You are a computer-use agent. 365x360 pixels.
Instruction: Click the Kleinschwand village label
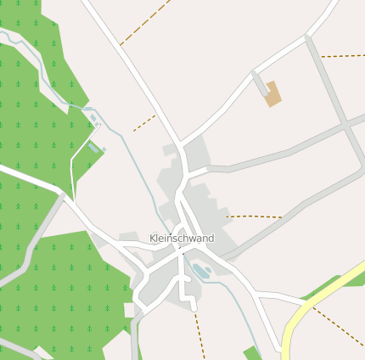pos(182,239)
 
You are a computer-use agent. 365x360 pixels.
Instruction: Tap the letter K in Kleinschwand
pos(153,239)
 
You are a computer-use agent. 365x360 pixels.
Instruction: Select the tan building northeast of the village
pos(272,93)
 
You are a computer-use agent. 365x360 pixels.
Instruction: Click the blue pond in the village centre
pos(201,271)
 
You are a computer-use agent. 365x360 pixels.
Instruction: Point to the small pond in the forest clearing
pos(93,148)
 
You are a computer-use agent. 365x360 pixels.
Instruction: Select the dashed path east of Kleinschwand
pos(255,217)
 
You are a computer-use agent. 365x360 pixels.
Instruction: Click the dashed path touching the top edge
pos(144,21)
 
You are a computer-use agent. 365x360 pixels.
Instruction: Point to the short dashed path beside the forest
pos(144,123)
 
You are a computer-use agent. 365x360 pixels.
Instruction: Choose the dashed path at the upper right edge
pos(343,56)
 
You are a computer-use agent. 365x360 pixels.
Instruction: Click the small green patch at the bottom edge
pos(252,353)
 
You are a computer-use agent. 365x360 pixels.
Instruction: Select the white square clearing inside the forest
pos(129,310)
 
